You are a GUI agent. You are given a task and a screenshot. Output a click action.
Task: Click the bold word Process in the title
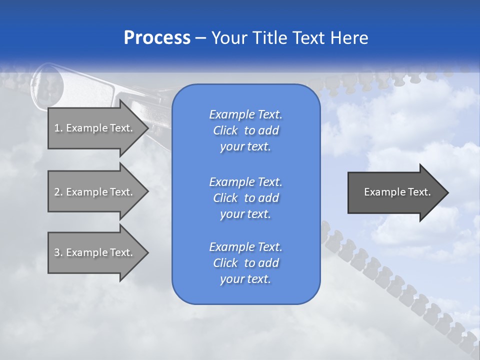click(157, 38)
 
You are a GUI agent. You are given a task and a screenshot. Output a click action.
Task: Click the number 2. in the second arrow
click(58, 192)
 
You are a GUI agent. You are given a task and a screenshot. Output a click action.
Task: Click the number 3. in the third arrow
click(58, 252)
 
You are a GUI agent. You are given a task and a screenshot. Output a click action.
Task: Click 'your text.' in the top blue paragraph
click(245, 147)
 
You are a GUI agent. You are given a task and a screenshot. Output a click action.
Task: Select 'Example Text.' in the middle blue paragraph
click(245, 181)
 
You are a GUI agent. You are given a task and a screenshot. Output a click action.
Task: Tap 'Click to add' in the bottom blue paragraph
click(245, 263)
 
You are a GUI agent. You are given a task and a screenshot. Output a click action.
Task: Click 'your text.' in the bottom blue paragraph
click(245, 279)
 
